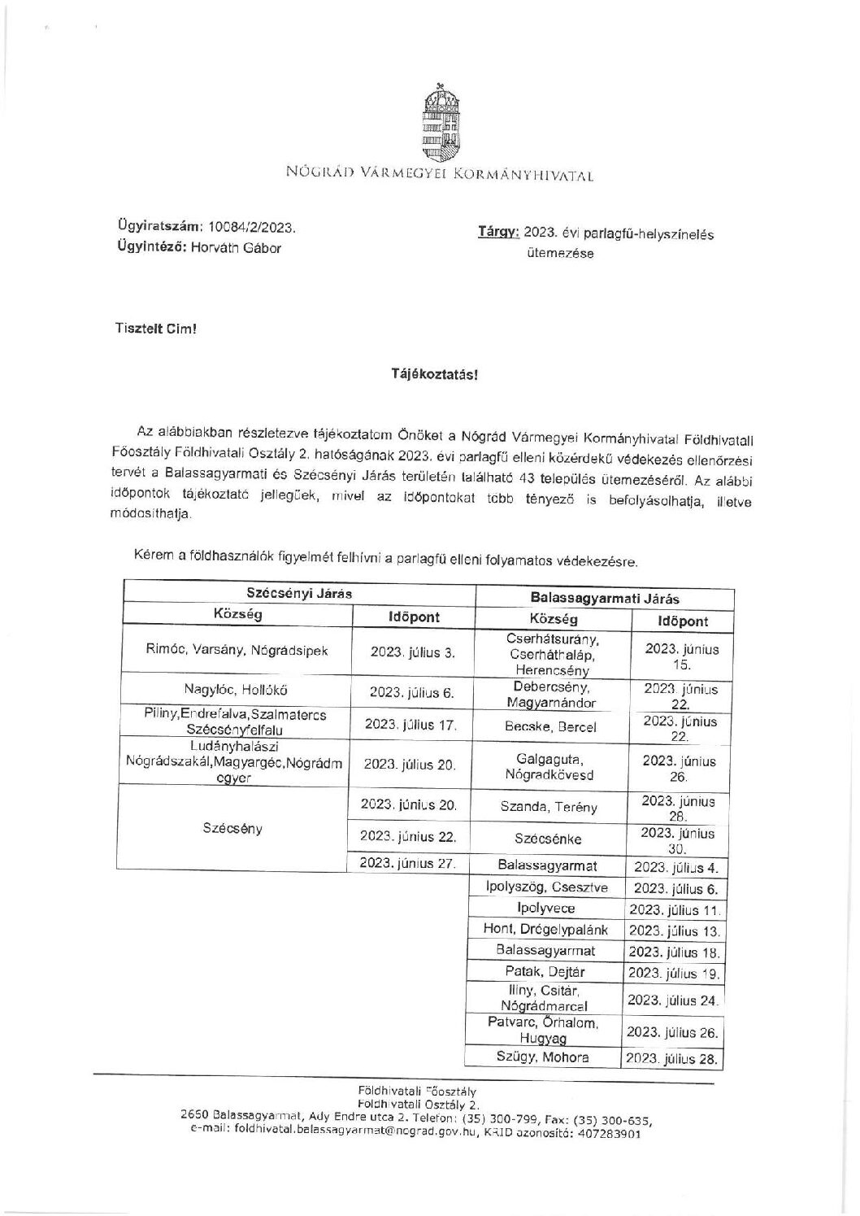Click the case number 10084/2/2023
252,228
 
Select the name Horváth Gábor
236,248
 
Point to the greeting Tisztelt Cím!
156,330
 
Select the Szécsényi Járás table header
299,593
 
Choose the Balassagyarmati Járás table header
604,598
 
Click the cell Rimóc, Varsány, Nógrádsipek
237,651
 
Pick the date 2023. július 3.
413,652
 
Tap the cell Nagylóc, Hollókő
237,690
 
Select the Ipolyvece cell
545,909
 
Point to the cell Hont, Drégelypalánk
545,930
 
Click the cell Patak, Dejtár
545,971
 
